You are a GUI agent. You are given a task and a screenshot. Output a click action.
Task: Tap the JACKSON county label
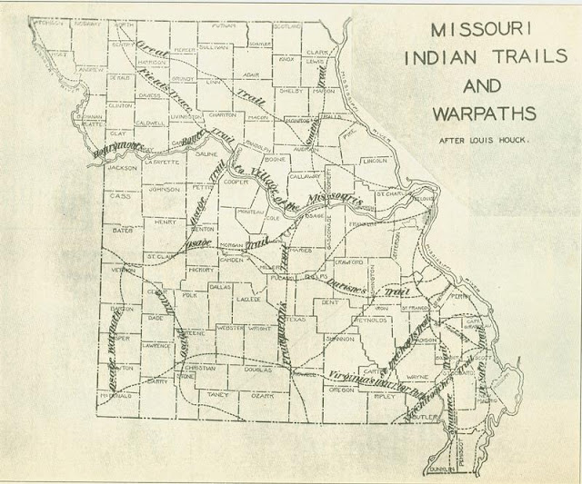pos(121,168)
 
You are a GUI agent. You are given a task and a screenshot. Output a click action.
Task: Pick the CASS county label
pos(120,195)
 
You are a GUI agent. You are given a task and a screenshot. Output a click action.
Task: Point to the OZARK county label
pos(262,396)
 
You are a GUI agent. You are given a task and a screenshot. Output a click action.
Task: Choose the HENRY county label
pos(166,221)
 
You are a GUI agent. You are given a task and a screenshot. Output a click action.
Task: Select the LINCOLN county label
pos(375,161)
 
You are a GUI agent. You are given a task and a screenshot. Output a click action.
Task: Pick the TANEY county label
pos(218,395)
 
